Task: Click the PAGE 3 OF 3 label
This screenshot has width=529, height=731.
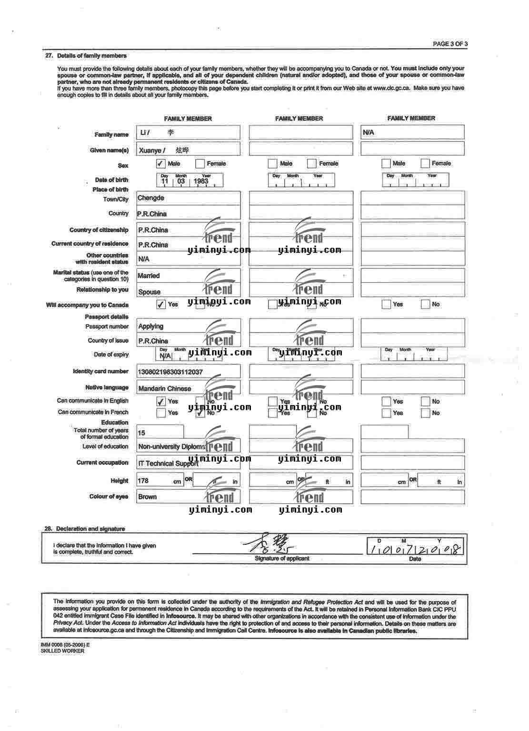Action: (x=450, y=44)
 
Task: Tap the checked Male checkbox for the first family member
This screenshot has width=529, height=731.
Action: (x=161, y=164)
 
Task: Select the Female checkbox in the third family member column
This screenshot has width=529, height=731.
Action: (x=425, y=163)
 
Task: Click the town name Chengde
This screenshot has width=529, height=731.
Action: (x=151, y=198)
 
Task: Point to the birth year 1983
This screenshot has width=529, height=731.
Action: (x=201, y=181)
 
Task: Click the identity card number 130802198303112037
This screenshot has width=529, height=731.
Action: (x=170, y=372)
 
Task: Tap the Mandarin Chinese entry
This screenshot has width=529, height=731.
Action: (x=165, y=388)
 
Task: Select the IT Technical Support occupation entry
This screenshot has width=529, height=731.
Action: (x=168, y=463)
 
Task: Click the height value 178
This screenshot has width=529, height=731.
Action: (x=143, y=481)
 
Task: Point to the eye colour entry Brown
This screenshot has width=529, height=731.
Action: (x=148, y=497)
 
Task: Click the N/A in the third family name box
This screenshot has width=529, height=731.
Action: (x=369, y=132)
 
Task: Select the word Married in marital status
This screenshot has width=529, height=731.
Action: (x=149, y=275)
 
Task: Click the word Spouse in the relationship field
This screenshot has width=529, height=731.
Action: (x=149, y=292)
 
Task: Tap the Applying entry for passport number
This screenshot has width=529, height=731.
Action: (x=150, y=326)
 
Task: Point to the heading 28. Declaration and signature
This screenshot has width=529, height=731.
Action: (x=85, y=529)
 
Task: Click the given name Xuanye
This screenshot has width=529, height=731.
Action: (x=150, y=151)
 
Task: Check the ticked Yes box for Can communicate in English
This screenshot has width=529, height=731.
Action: (x=161, y=402)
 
